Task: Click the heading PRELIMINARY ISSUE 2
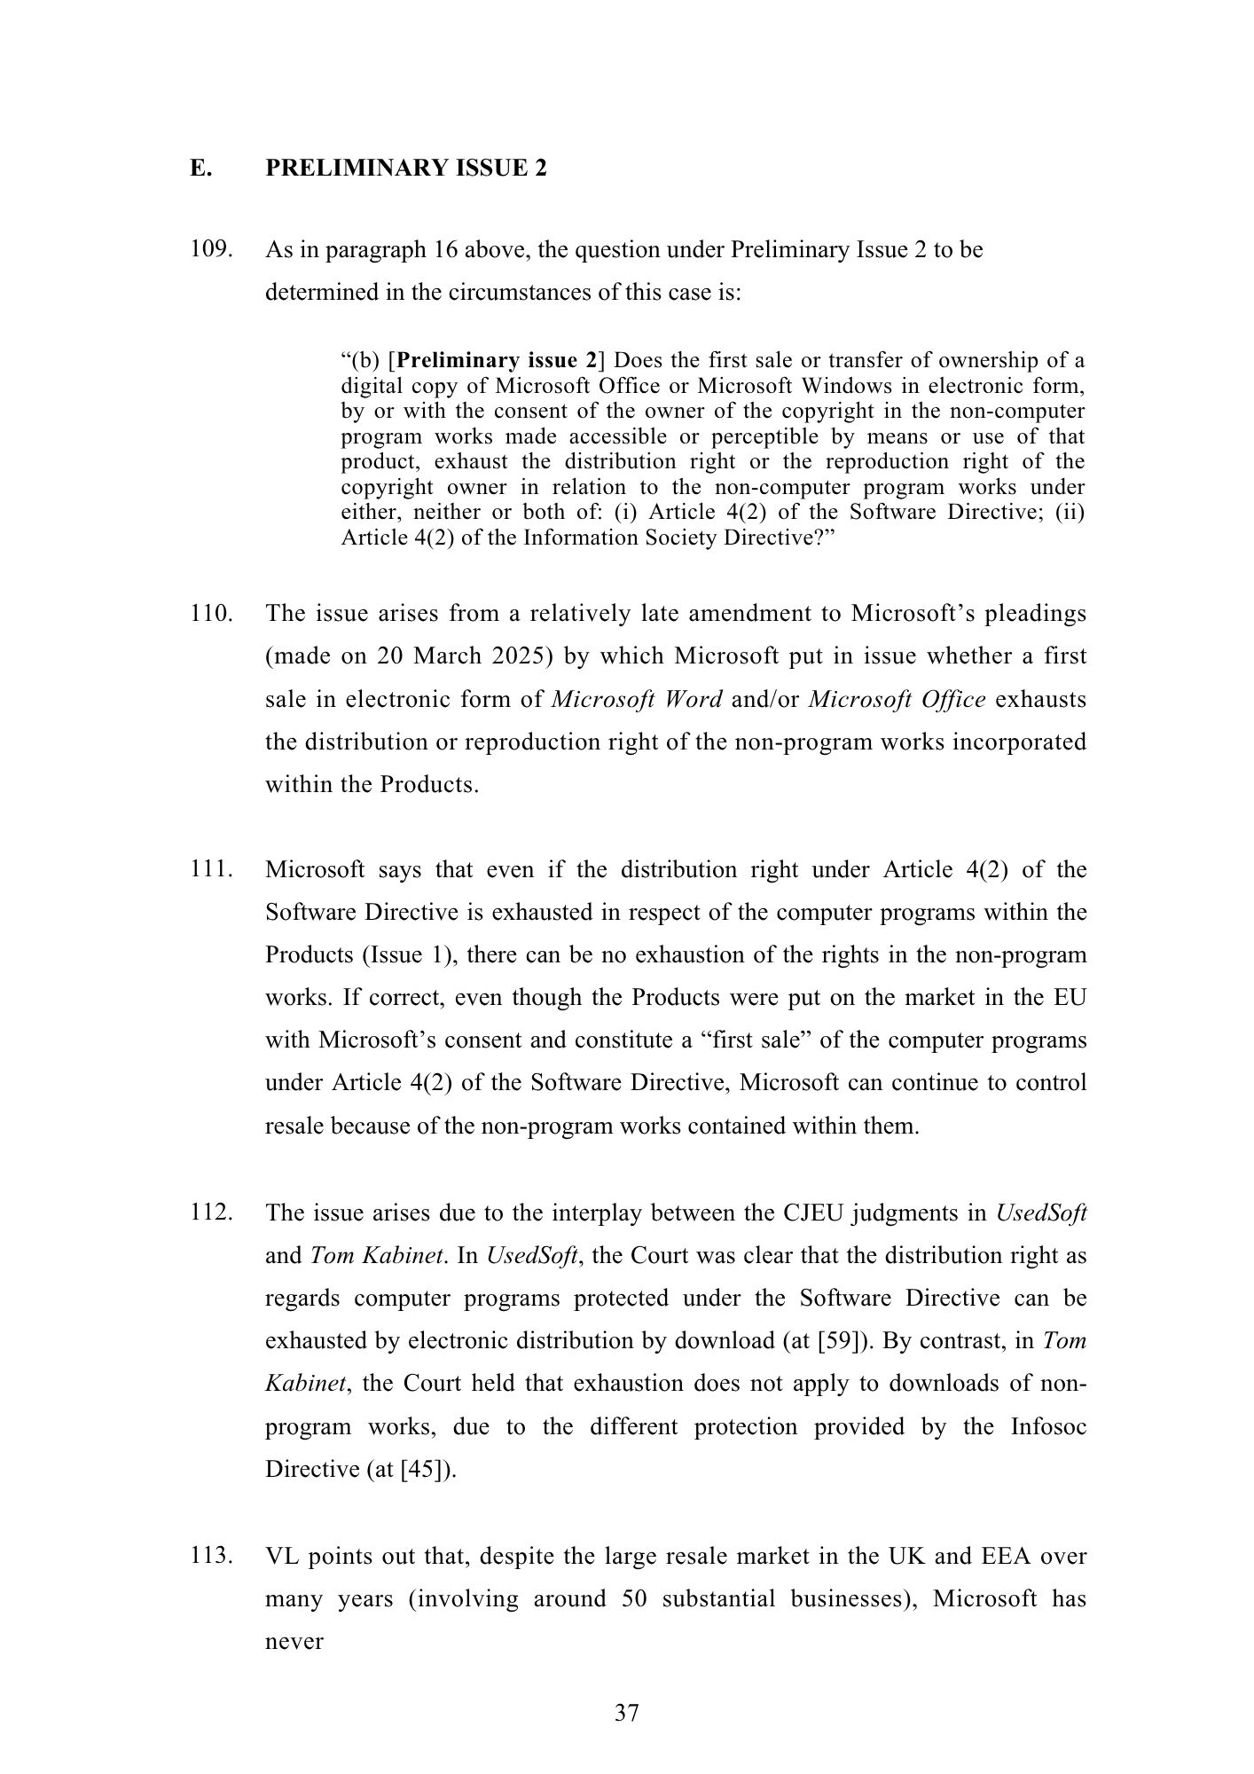click(406, 169)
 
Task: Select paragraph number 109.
click(212, 250)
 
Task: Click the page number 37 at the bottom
click(626, 1713)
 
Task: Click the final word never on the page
click(294, 1642)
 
